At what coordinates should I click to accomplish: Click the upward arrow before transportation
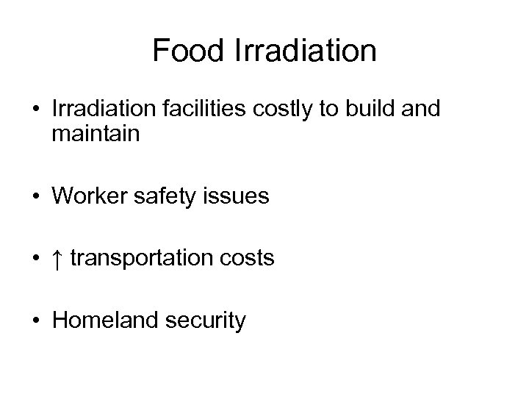click(59, 258)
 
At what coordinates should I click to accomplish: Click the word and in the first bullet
click(422, 110)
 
